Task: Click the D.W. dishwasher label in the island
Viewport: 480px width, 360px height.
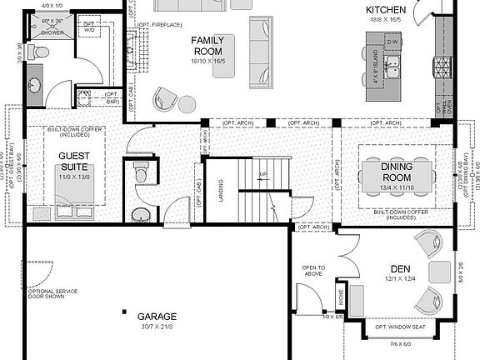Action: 393,42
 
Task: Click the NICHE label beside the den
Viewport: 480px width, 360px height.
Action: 341,296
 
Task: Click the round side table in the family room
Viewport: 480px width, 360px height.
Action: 186,104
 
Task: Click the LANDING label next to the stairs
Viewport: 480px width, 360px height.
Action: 221,191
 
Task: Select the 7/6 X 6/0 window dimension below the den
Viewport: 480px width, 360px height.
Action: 401,344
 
